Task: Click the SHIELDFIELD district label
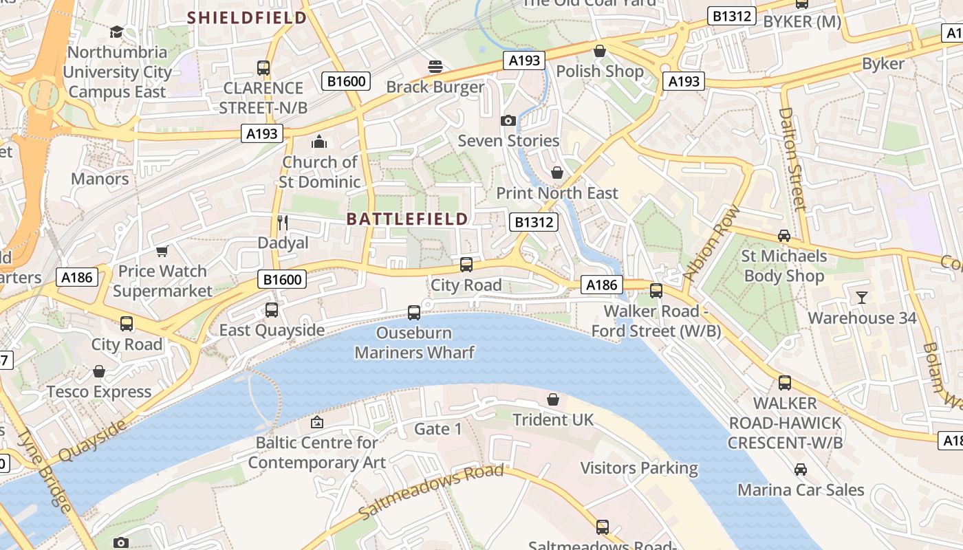click(x=247, y=18)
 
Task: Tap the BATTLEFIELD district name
click(x=407, y=219)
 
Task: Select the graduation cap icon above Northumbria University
click(x=116, y=32)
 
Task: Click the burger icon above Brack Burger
click(x=435, y=67)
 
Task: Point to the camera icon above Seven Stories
click(x=508, y=121)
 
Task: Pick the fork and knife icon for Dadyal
click(x=282, y=222)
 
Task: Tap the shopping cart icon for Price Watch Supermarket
click(x=162, y=251)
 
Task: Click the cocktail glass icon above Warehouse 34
click(x=861, y=298)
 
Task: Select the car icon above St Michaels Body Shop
click(x=783, y=236)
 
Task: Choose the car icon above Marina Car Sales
click(x=800, y=470)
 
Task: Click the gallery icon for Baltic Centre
click(x=316, y=422)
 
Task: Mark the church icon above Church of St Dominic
click(x=319, y=142)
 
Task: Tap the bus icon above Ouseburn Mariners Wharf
click(x=414, y=313)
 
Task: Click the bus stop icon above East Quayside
click(x=272, y=310)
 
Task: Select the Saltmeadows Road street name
click(x=431, y=492)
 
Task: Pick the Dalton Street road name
click(x=792, y=158)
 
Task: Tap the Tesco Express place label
click(x=99, y=392)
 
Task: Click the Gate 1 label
click(x=438, y=430)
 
